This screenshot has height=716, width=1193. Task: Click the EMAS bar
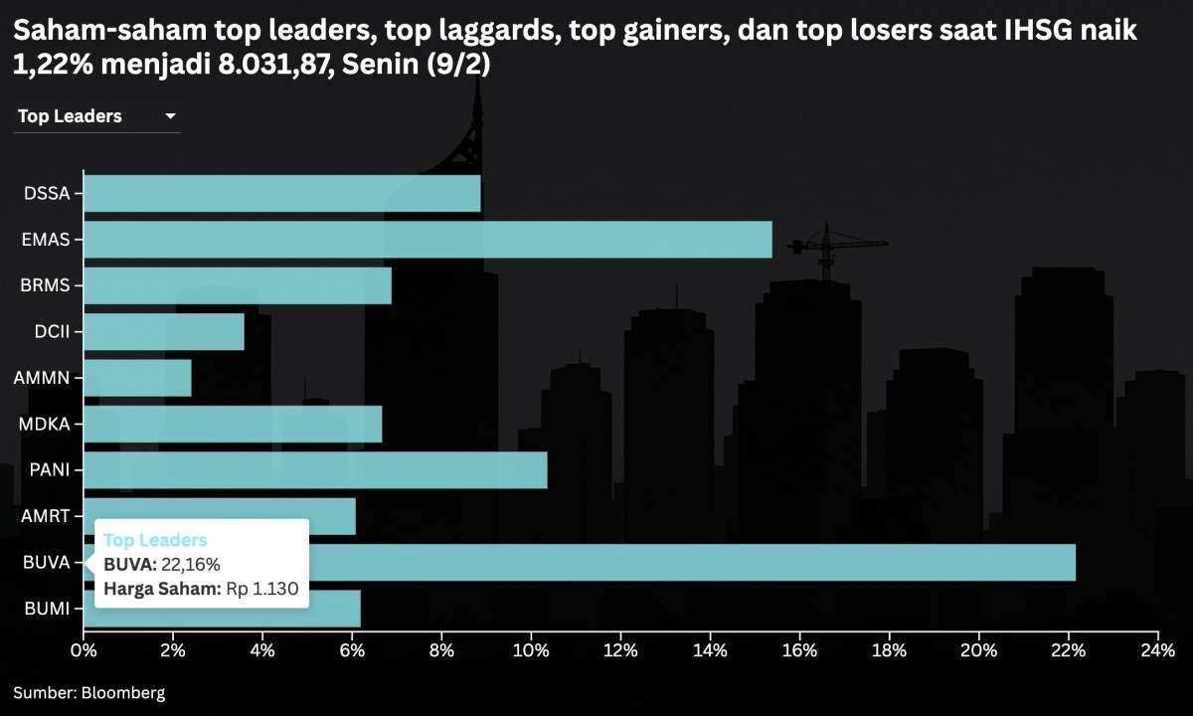point(427,240)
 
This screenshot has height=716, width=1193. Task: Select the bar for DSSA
point(281,193)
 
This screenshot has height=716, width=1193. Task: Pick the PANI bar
point(315,470)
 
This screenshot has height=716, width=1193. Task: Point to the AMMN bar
point(137,378)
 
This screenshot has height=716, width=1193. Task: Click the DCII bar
point(164,332)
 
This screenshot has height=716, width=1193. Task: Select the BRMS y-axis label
point(45,285)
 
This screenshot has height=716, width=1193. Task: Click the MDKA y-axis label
point(45,425)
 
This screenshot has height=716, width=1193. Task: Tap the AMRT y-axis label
point(45,516)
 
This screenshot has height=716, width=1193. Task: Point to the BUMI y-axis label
point(47,609)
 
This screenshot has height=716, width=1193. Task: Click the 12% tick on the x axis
point(620,651)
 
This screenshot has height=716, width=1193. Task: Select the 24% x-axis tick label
point(1157,651)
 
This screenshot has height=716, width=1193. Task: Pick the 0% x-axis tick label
point(84,651)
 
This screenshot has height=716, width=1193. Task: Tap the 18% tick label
point(889,651)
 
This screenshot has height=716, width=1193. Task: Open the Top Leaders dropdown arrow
point(170,116)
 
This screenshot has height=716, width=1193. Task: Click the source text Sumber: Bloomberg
point(89,692)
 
